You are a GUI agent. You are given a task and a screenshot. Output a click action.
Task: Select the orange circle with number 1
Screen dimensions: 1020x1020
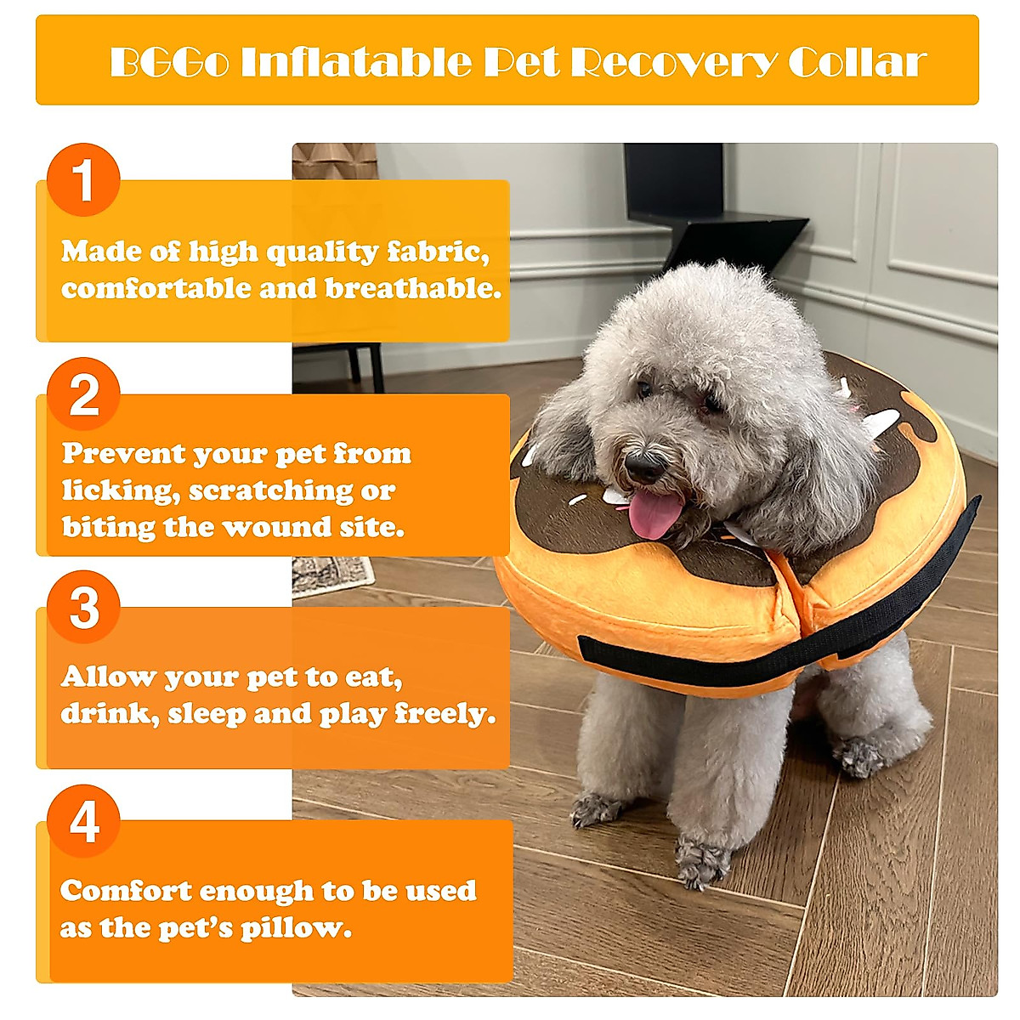83,179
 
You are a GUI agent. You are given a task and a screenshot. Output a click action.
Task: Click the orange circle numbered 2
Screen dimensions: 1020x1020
83,394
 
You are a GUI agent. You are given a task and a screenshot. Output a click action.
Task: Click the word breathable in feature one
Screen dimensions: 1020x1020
413,289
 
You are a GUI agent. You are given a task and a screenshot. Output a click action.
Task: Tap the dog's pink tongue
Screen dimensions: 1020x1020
655,514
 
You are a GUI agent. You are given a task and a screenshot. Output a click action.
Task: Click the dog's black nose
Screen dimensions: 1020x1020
644,467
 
